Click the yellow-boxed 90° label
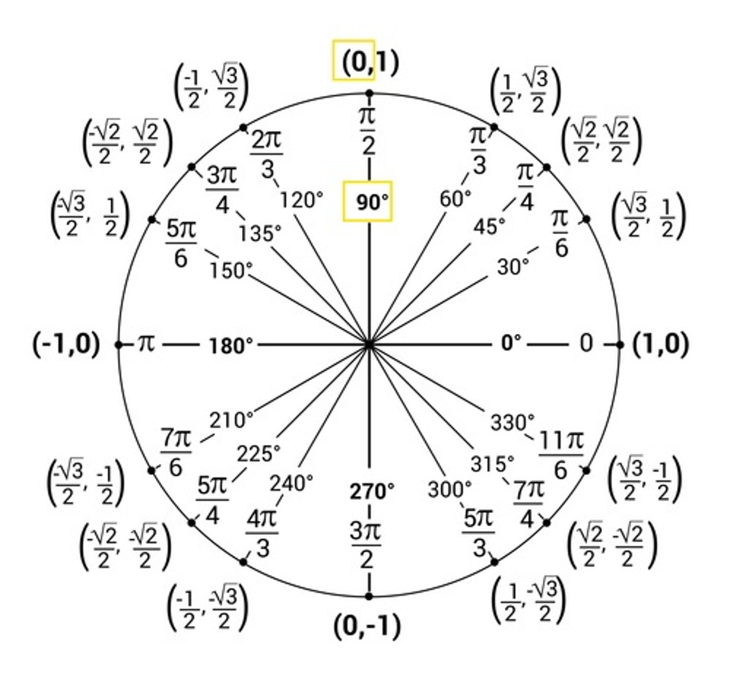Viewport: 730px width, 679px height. point(368,201)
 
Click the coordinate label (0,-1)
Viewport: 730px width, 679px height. point(368,626)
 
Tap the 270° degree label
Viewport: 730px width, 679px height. point(371,491)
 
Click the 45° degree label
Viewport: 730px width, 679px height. point(490,227)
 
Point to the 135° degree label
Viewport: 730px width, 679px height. point(260,233)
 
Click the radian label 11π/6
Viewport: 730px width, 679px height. point(561,455)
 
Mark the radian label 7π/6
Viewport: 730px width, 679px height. point(176,452)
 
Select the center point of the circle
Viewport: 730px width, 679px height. point(369,345)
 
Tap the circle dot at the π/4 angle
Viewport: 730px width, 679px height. point(547,167)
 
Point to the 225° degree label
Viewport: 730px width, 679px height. point(258,453)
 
